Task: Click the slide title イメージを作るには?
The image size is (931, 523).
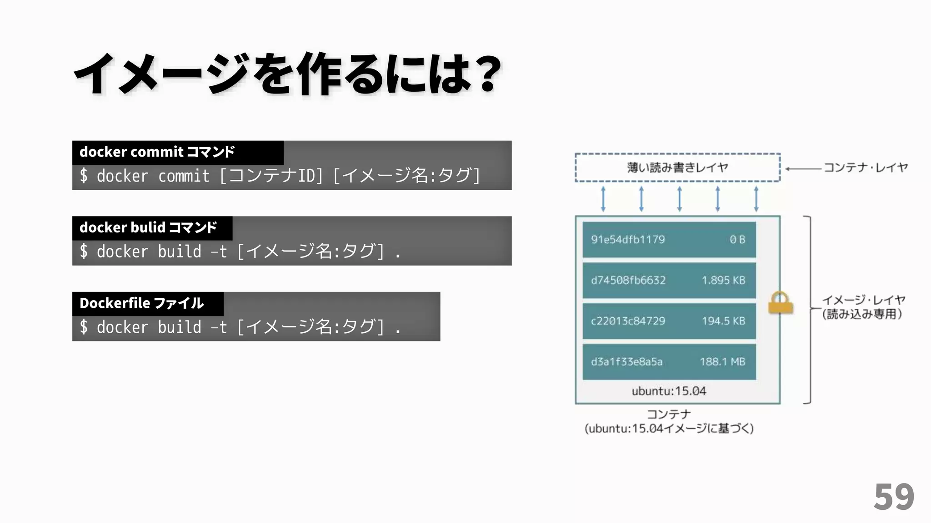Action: click(287, 74)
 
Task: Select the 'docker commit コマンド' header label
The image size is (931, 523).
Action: click(157, 152)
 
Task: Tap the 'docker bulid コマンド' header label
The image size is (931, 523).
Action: click(148, 227)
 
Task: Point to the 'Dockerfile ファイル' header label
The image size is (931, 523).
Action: click(141, 303)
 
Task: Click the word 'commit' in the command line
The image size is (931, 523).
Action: click(184, 176)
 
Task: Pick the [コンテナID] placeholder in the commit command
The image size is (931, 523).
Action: click(271, 176)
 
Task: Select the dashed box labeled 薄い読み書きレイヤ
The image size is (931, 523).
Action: click(677, 168)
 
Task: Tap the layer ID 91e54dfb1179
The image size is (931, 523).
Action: click(628, 240)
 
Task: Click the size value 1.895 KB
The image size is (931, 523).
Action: click(723, 280)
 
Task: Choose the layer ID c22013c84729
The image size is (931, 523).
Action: click(628, 321)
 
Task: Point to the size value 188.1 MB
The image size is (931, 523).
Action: click(722, 362)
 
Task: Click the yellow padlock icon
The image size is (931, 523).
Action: click(781, 303)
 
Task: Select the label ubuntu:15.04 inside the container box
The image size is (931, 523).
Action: click(669, 391)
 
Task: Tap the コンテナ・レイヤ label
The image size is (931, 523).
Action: click(866, 168)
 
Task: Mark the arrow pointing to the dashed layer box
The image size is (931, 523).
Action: click(803, 168)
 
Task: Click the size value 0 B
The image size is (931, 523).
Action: click(737, 240)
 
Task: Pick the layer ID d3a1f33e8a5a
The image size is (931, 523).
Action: click(626, 362)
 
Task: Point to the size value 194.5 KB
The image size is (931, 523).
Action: click(723, 321)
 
